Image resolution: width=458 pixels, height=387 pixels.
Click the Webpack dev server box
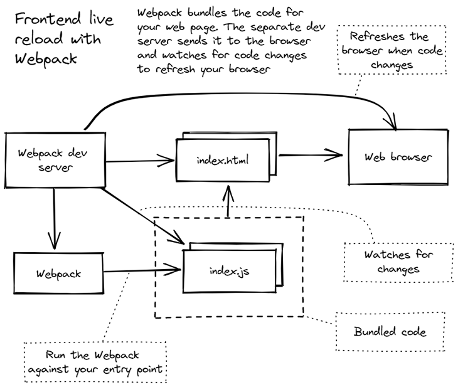[55, 160]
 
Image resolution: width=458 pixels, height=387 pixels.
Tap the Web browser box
[398, 157]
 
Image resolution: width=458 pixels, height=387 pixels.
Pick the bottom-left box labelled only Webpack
[59, 273]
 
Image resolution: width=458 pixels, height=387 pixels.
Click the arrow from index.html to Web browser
[311, 155]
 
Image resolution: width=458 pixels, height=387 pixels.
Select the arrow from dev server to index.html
[140, 161]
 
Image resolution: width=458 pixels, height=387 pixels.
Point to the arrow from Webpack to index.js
[142, 271]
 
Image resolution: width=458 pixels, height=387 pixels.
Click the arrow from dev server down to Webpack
[55, 218]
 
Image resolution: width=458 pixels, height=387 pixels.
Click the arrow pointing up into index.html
[228, 201]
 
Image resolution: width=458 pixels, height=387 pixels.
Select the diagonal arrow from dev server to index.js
[143, 216]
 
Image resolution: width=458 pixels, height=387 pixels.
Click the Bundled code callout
[390, 332]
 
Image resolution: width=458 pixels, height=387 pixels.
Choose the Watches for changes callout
[398, 262]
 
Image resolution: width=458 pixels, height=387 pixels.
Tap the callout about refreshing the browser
[392, 50]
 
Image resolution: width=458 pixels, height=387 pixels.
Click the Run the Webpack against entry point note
[95, 362]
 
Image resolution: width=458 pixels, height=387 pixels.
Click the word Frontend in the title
[48, 19]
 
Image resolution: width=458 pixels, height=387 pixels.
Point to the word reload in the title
[39, 39]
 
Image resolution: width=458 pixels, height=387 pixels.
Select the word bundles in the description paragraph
[207, 13]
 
